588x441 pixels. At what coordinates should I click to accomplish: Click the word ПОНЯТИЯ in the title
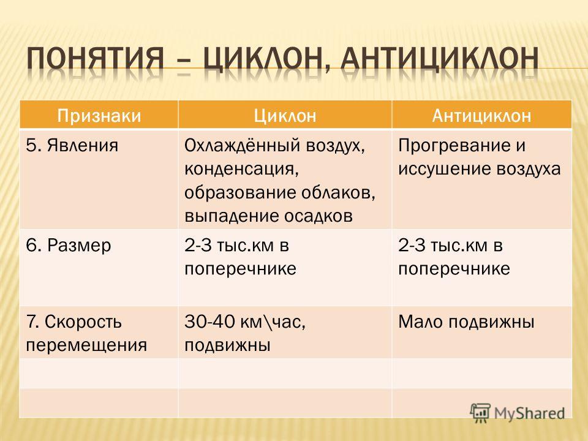coord(96,59)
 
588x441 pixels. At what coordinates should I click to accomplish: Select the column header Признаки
coord(99,116)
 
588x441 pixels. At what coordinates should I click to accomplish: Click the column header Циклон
coord(285,116)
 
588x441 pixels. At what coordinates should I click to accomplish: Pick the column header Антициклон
coord(481,116)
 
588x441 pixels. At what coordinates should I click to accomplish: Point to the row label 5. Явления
coord(72,145)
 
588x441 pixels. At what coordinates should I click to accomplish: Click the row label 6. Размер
coord(69,246)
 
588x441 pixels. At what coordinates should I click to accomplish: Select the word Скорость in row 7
coord(83,322)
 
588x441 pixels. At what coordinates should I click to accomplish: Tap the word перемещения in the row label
coord(86,345)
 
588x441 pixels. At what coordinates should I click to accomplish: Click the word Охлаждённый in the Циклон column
coord(243,146)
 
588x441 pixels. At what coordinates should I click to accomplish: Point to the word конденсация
coord(241,170)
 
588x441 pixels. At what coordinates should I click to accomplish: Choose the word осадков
coord(318,216)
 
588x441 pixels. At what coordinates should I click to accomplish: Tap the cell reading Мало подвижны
coord(466,322)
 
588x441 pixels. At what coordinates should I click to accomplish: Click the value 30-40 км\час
coord(245,322)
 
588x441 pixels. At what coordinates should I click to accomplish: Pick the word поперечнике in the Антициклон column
coord(454,269)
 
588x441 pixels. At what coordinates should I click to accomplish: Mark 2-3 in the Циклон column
coord(195,246)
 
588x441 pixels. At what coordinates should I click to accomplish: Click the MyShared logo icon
coord(480,413)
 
